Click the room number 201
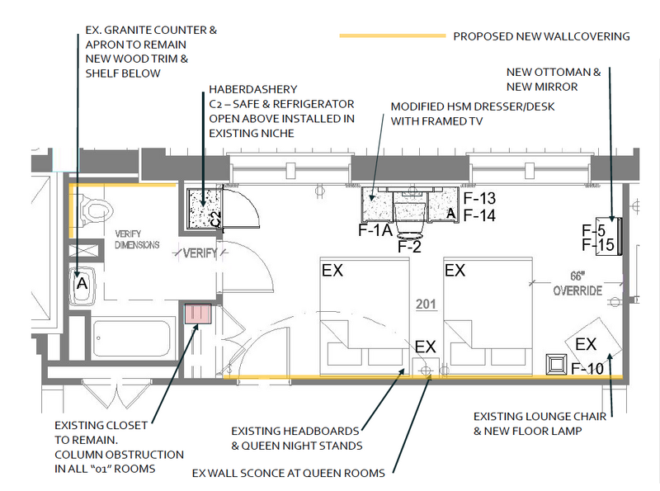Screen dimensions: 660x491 [x=426, y=304]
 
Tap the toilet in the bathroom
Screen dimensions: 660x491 [x=95, y=210]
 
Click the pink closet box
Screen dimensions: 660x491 [x=198, y=314]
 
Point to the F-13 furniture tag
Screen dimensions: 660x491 [x=479, y=198]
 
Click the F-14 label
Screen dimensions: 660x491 [x=479, y=215]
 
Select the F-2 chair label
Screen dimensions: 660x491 [x=409, y=247]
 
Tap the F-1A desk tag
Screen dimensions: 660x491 [x=375, y=230]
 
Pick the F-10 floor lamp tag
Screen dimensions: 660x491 [x=587, y=369]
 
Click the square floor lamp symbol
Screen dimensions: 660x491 [x=556, y=365]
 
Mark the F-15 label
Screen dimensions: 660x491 [x=598, y=244]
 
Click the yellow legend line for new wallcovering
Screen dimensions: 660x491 [x=393, y=35]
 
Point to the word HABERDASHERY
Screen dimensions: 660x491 [x=253, y=89]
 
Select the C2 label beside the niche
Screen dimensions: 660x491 [x=215, y=219]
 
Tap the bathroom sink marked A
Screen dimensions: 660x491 [x=82, y=286]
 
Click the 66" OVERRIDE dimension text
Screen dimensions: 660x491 [x=577, y=283]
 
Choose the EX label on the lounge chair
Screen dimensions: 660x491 [x=586, y=344]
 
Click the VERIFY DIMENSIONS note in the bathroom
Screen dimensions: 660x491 [x=137, y=239]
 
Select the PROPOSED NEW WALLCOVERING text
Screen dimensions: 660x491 [x=541, y=36]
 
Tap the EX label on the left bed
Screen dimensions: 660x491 [x=332, y=271]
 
